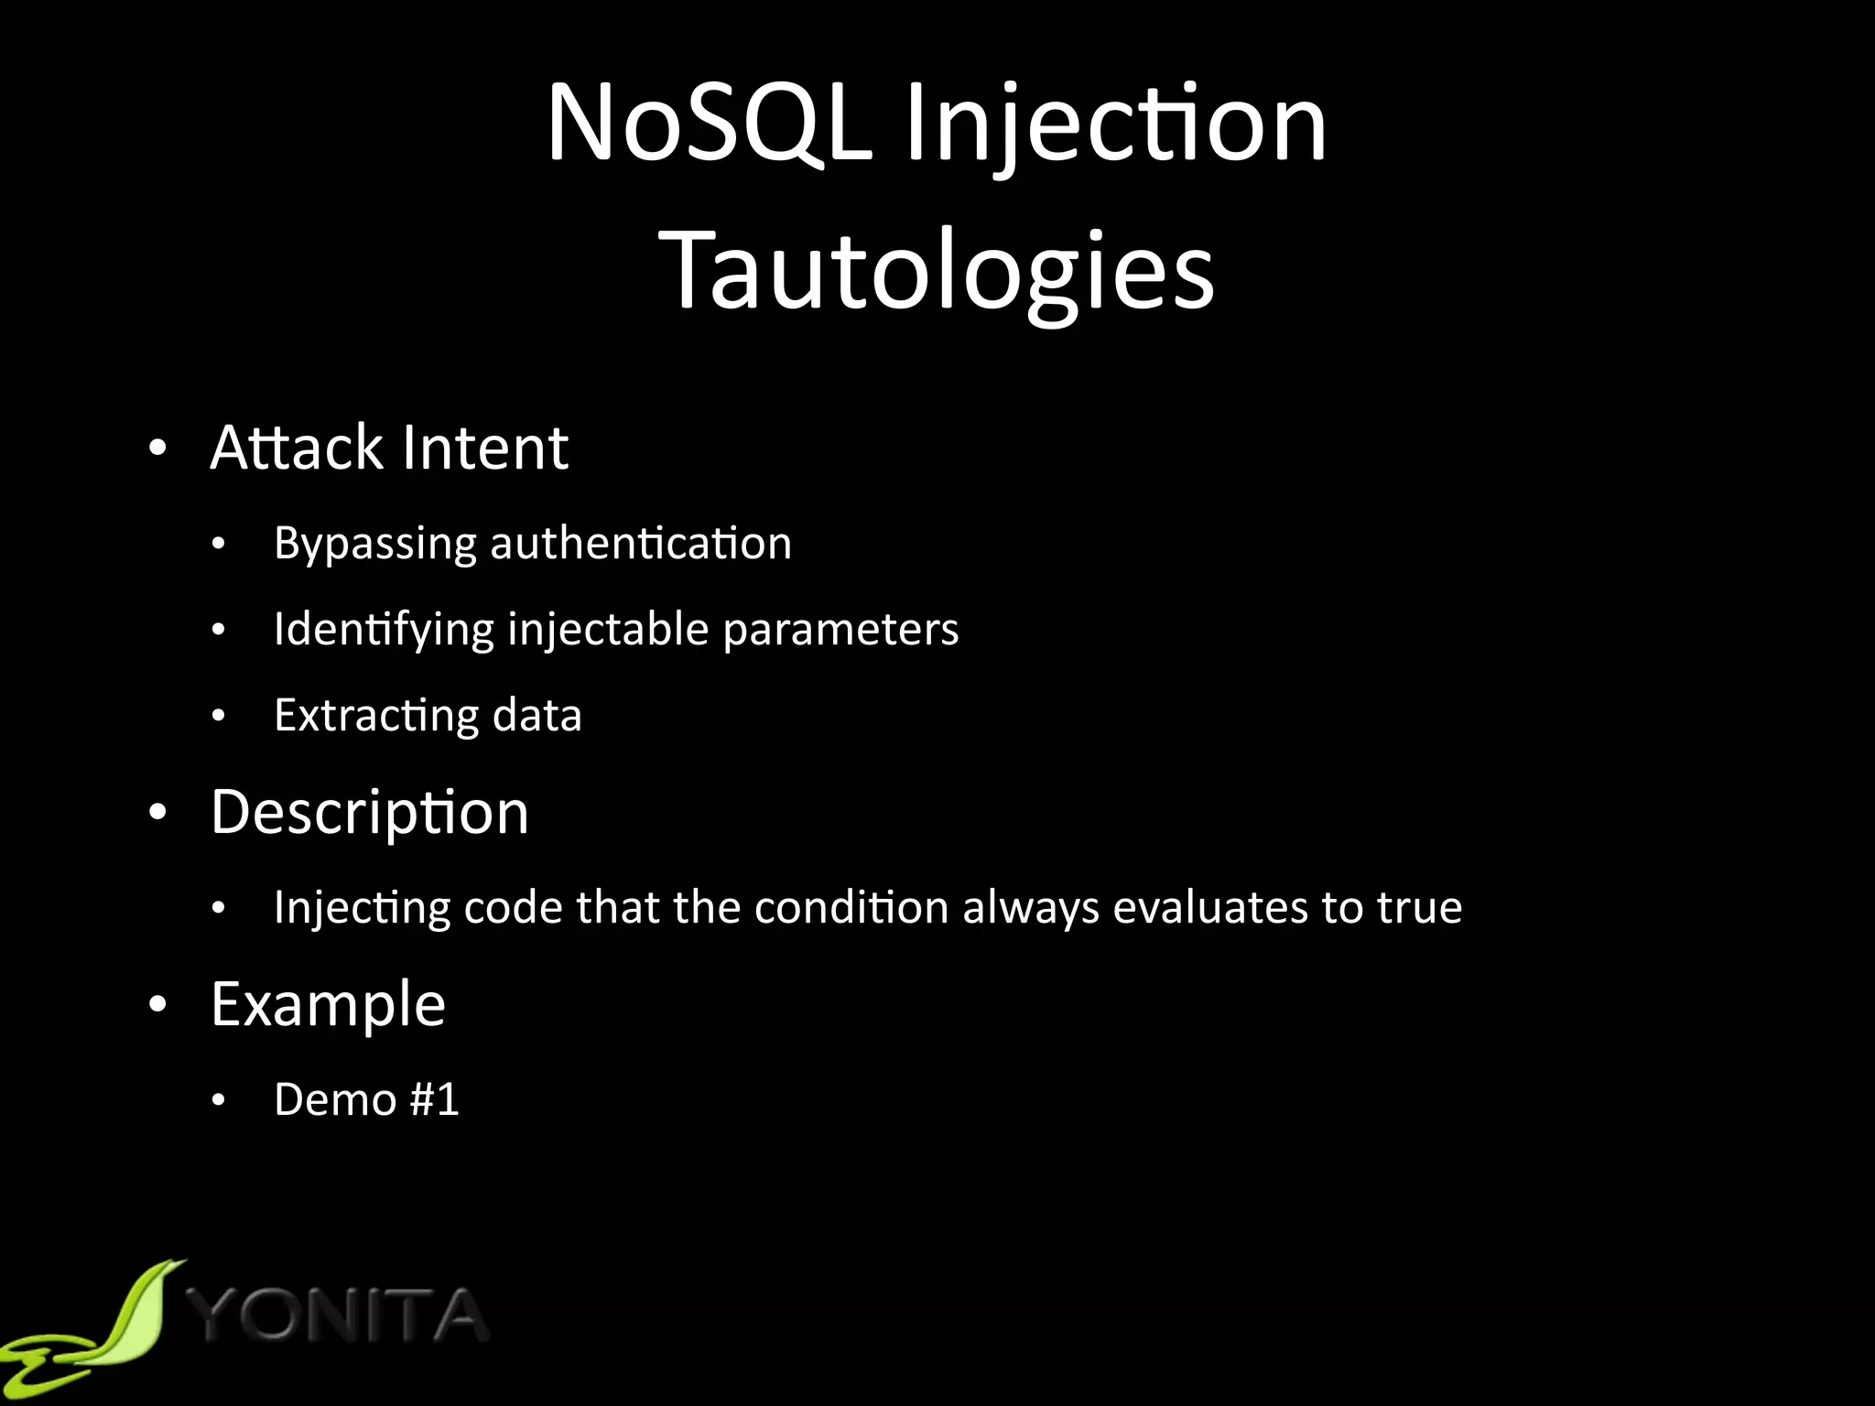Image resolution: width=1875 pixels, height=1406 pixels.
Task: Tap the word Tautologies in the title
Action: tap(937, 270)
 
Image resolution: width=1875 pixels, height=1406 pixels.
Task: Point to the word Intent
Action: tap(485, 448)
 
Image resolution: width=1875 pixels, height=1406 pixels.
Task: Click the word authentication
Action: tap(641, 544)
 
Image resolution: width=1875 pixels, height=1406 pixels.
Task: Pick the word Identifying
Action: tap(384, 631)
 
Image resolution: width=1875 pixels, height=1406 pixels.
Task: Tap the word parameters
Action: tap(840, 631)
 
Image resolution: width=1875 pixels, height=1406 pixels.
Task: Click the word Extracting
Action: tap(375, 717)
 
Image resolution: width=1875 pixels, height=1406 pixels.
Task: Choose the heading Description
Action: tap(370, 813)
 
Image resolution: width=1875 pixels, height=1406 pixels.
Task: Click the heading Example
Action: tap(328, 1005)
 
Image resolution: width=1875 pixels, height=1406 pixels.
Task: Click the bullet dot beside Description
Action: tap(158, 812)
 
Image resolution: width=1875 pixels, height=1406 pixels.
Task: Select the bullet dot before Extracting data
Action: tap(218, 716)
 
